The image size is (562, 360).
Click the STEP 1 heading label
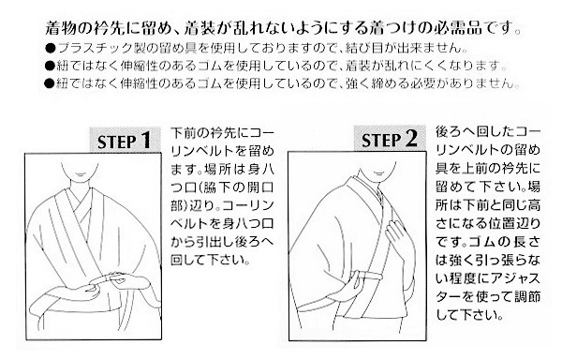(125, 141)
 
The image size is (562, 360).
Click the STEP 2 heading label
(390, 139)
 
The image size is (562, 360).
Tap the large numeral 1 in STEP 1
(146, 141)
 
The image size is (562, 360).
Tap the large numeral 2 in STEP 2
(412, 139)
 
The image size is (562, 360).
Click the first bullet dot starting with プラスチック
(51, 48)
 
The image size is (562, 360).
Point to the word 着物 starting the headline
(61, 27)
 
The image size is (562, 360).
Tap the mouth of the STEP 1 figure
(80, 174)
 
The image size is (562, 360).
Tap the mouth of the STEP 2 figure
(377, 174)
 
